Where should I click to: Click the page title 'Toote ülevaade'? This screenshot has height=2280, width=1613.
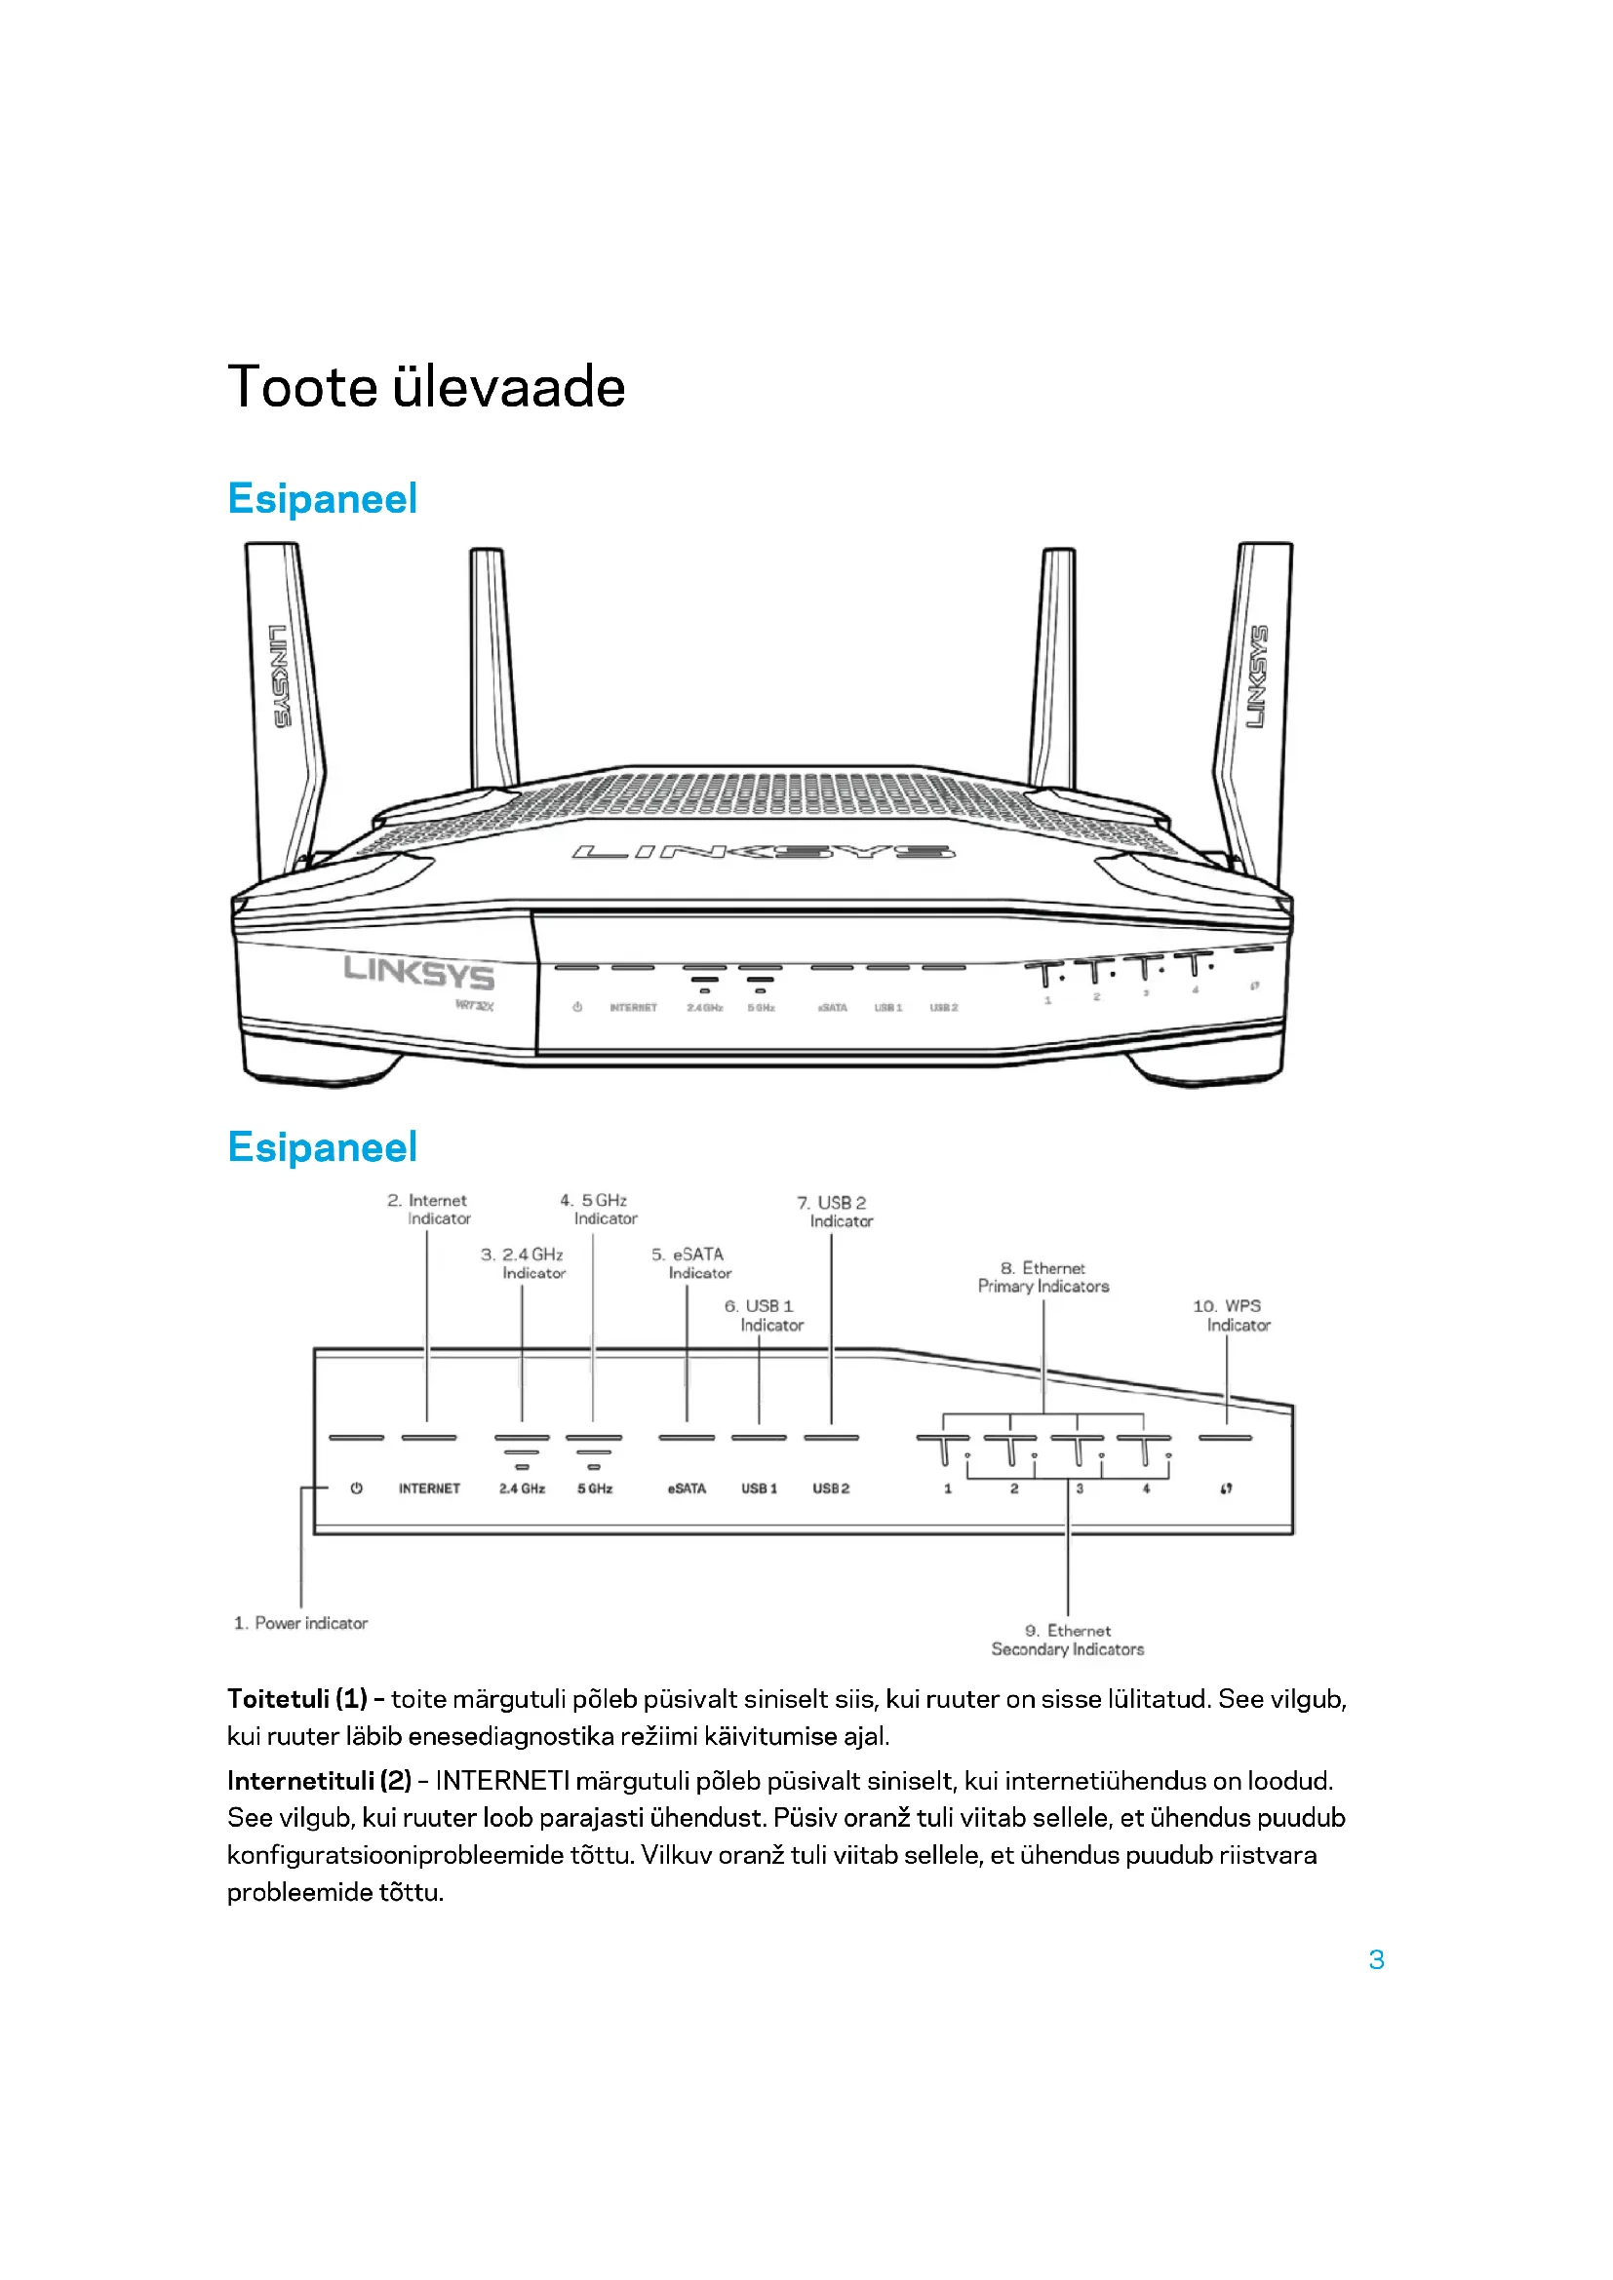(x=426, y=386)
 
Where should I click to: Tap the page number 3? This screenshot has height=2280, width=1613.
(x=1376, y=1959)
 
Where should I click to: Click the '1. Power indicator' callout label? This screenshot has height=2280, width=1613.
(x=300, y=1623)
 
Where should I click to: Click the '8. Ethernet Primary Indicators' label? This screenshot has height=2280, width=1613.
(x=1043, y=1277)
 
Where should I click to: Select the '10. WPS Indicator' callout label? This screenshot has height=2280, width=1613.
(x=1231, y=1315)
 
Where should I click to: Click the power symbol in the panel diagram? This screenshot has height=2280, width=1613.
(x=357, y=1488)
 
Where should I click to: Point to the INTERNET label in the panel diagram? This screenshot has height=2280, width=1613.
(x=429, y=1488)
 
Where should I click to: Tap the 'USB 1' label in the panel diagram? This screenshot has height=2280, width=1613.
(x=759, y=1488)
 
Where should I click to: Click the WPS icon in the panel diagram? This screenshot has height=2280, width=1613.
(x=1227, y=1488)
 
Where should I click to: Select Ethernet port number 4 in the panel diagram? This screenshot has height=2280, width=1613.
(x=1146, y=1488)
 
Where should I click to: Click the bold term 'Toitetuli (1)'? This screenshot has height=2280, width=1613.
(x=297, y=1699)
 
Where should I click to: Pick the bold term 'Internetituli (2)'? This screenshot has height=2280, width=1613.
(x=319, y=1781)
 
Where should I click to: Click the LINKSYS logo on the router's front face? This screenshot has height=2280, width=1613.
(x=419, y=972)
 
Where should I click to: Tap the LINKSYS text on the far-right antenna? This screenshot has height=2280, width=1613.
(x=1257, y=676)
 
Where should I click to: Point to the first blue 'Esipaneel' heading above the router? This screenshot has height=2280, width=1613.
(x=322, y=498)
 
